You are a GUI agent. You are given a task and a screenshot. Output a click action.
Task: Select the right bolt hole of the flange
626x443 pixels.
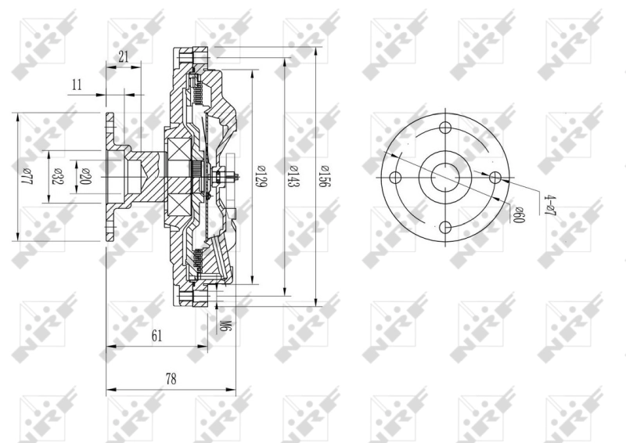coord(495,178)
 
